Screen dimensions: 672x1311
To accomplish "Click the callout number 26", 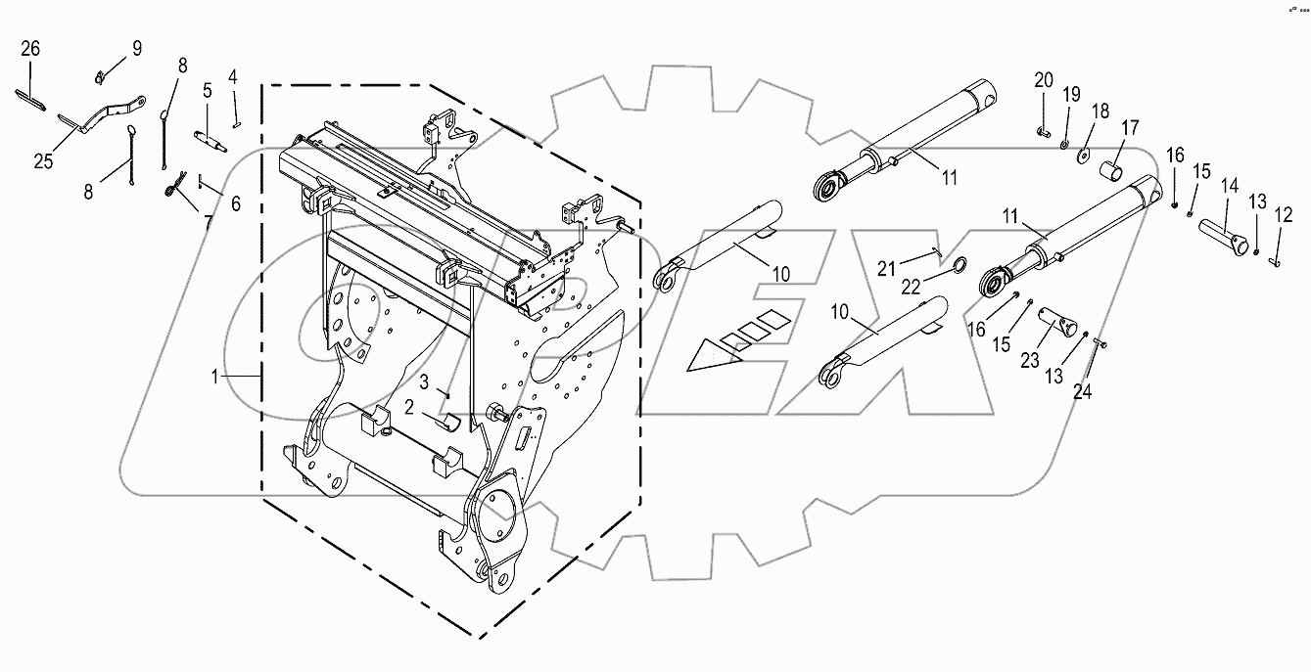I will (x=29, y=48).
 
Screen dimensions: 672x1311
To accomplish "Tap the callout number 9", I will (x=137, y=48).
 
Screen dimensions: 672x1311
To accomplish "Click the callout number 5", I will (x=208, y=91).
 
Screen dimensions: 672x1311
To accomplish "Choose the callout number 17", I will (x=1130, y=127).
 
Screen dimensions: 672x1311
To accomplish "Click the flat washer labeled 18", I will (x=1084, y=155).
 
